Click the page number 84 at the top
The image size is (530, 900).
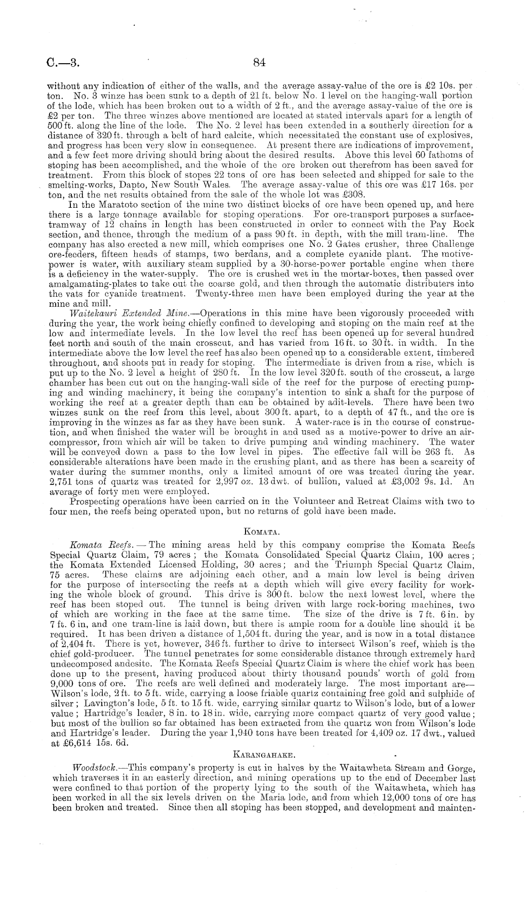pos(259,62)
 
